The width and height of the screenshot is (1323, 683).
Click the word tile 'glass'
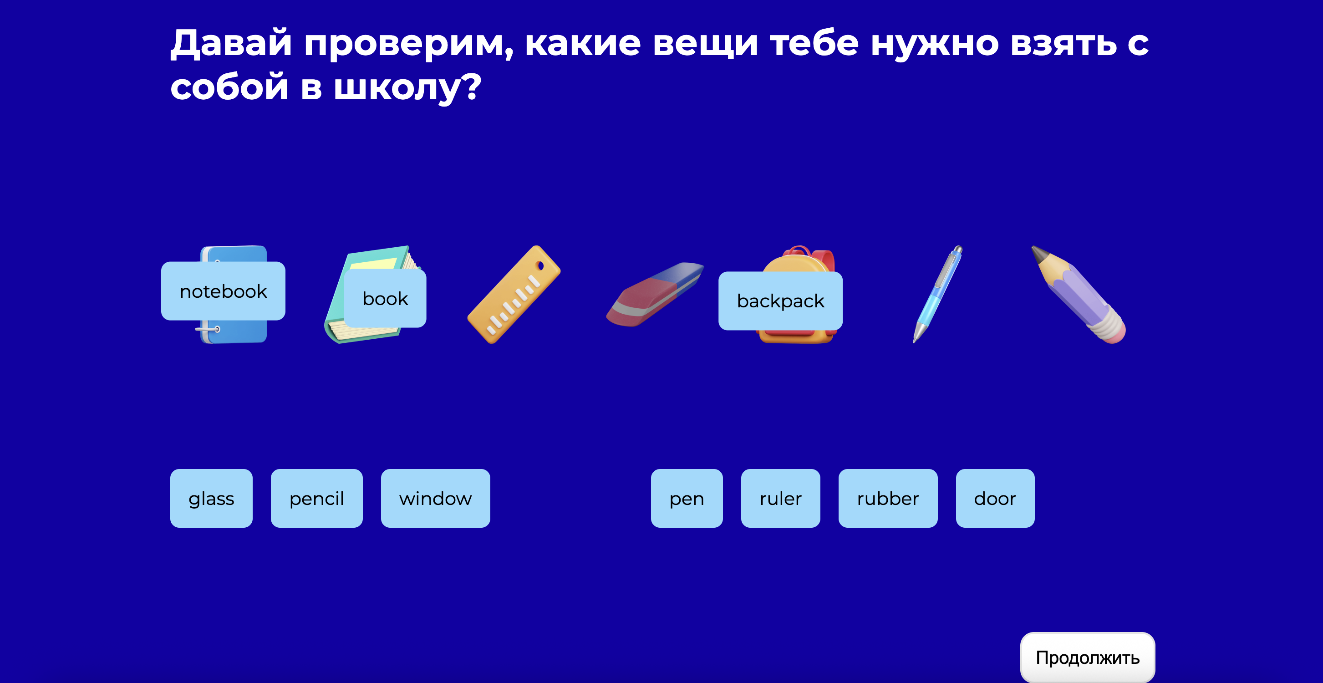pyautogui.click(x=211, y=498)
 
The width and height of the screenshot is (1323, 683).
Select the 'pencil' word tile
pyautogui.click(x=316, y=498)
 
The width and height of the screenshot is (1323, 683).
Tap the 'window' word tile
pyautogui.click(x=435, y=498)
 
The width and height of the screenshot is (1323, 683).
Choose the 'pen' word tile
pyautogui.click(x=686, y=498)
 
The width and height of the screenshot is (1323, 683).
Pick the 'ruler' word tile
pyautogui.click(x=780, y=498)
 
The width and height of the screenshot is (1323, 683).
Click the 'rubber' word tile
pyautogui.click(x=887, y=498)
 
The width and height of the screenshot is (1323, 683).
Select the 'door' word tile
pyautogui.click(x=995, y=498)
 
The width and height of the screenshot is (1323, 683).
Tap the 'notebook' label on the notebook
pyautogui.click(x=223, y=291)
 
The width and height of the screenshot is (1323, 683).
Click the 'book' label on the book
pyautogui.click(x=385, y=298)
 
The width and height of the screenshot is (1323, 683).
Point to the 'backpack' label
pyautogui.click(x=780, y=301)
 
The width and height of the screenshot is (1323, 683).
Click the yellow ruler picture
pyautogui.click(x=514, y=295)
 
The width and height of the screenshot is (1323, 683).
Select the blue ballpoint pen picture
pyautogui.click(x=937, y=293)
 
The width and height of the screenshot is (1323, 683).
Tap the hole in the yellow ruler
pyautogui.click(x=540, y=265)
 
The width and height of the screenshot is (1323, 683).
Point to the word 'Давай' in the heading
pyautogui.click(x=231, y=43)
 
